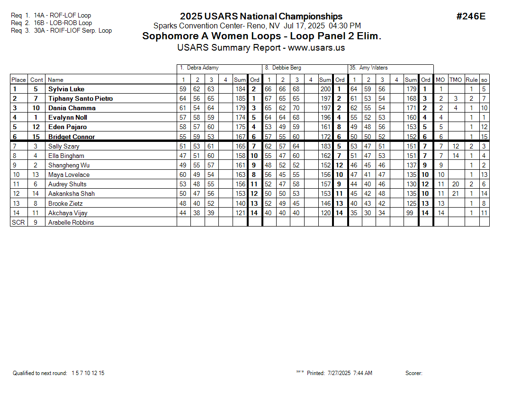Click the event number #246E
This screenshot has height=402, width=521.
point(470,17)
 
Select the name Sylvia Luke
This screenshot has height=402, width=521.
point(66,89)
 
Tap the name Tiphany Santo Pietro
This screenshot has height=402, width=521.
point(81,98)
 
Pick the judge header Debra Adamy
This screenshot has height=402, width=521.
point(202,68)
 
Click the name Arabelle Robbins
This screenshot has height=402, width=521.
point(71,222)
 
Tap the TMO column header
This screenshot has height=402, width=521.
point(456,80)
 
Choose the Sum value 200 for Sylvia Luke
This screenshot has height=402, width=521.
point(325,89)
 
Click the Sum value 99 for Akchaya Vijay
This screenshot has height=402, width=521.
point(411,213)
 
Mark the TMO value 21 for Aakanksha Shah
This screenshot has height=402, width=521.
point(456,193)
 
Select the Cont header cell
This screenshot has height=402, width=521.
point(36,80)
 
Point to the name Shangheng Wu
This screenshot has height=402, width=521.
point(69,165)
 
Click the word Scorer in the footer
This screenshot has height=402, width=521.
point(413,373)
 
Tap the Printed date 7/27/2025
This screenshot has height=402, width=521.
point(339,373)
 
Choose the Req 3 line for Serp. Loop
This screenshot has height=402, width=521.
point(61,31)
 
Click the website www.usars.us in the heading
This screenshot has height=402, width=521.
point(316,48)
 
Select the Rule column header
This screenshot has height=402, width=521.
point(471,80)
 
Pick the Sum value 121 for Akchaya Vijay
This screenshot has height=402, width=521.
point(240,213)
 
